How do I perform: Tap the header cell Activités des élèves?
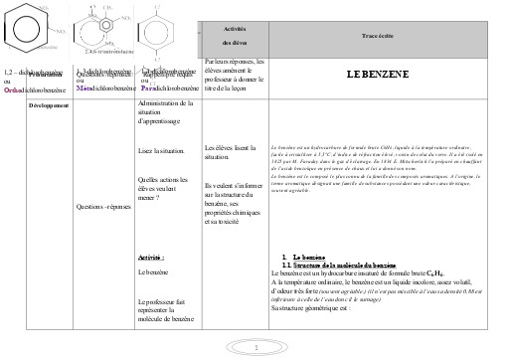tap(236, 37)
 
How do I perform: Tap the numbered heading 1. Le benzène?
tap(301, 257)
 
